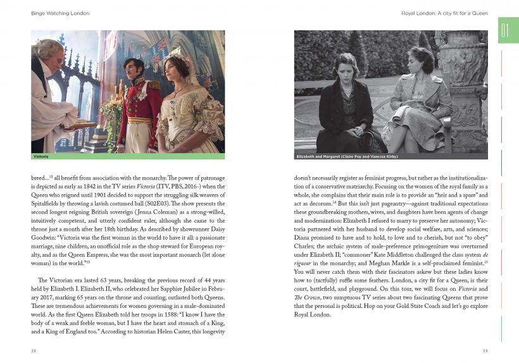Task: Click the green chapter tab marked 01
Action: [x=508, y=30]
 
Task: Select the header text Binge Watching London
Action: [x=51, y=13]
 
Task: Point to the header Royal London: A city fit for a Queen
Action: [x=444, y=13]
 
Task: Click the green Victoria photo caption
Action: [x=41, y=156]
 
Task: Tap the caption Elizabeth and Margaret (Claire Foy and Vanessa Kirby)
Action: [x=347, y=156]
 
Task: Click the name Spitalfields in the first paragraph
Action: [x=49, y=205]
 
